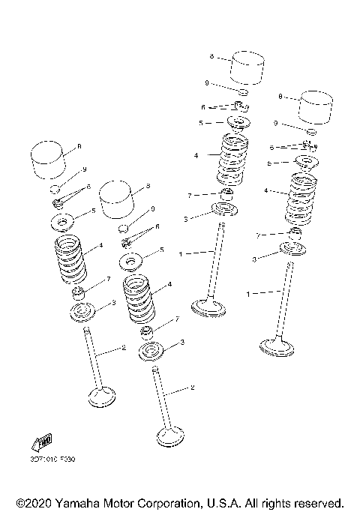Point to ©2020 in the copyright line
click(x=31, y=502)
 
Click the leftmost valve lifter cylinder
click(x=49, y=158)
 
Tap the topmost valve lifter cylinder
click(x=247, y=67)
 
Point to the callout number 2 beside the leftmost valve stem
click(x=123, y=348)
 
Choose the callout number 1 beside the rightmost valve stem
click(x=248, y=295)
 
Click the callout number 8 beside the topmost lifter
click(x=212, y=56)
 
